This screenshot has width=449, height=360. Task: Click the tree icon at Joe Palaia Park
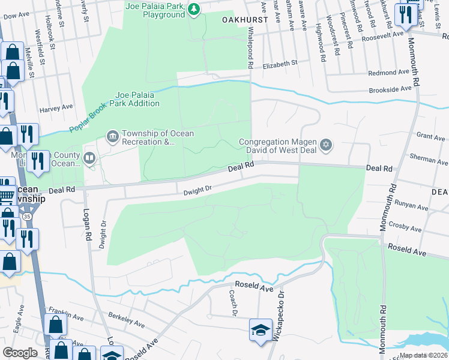[x=193, y=8]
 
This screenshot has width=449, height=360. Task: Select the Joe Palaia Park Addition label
[x=138, y=99]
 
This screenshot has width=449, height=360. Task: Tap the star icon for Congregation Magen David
[x=326, y=145]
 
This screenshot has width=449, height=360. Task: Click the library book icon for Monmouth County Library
[x=89, y=158]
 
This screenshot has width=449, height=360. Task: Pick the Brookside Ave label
[x=390, y=88]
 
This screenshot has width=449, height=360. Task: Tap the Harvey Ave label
[x=56, y=107]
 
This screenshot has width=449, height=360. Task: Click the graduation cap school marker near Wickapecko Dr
[x=261, y=331]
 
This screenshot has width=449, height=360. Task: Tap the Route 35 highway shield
[x=26, y=215]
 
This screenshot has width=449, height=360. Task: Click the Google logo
[x=20, y=352]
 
